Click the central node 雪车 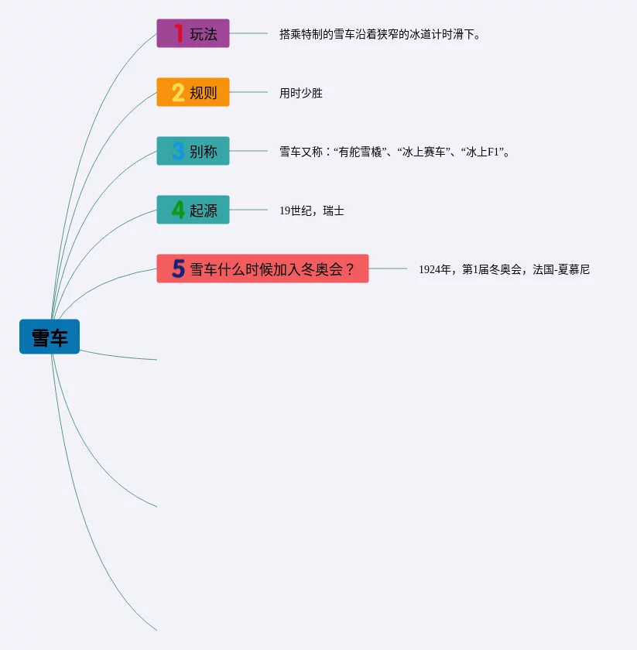tap(50, 337)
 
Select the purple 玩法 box tap(193, 33)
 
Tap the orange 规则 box tap(193, 92)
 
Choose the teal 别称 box tap(193, 151)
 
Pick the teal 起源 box tap(193, 210)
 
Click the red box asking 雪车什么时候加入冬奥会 tap(263, 269)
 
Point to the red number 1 tap(179, 33)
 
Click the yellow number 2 tap(178, 92)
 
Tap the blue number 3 tap(178, 151)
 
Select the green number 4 tap(178, 210)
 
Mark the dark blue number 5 tap(178, 269)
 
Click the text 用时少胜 tap(301, 94)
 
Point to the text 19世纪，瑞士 tap(312, 211)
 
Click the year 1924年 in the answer tap(434, 270)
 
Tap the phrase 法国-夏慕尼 tap(561, 270)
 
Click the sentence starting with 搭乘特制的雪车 tap(380, 35)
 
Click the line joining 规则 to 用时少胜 tap(248, 92)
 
